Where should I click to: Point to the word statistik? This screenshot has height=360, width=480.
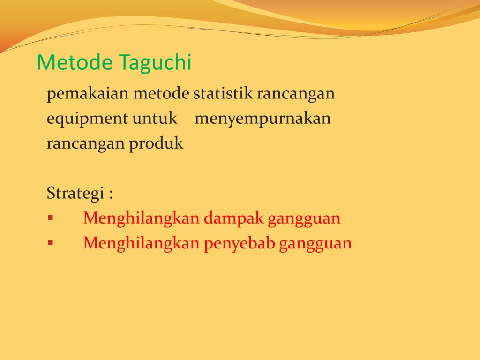(223, 94)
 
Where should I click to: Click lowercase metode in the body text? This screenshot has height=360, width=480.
(162, 94)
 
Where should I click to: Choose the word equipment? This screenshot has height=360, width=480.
(87, 119)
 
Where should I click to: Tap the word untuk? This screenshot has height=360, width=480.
(155, 119)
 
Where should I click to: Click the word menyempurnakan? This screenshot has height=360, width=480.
(262, 119)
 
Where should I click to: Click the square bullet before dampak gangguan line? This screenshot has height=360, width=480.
(50, 218)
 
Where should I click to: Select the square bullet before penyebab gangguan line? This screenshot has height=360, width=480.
(50, 243)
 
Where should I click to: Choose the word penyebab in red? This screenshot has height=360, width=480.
(239, 244)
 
